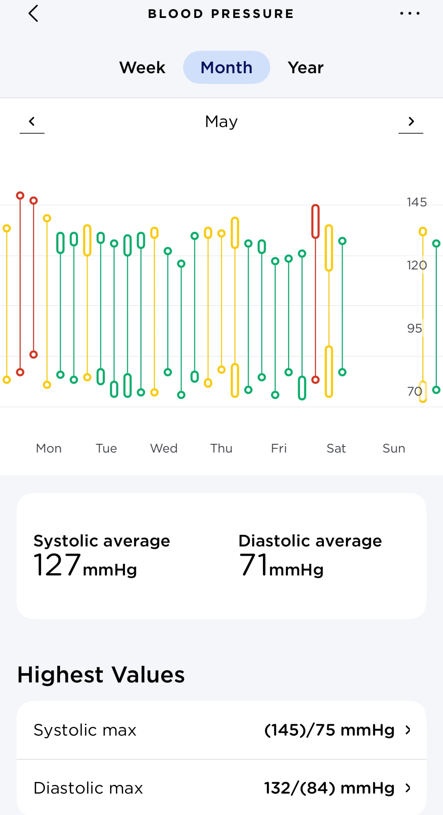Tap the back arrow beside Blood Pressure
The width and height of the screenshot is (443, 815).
[33, 14]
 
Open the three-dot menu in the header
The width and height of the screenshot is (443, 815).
[410, 14]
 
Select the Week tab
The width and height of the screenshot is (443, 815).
[142, 67]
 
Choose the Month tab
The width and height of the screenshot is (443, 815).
[226, 67]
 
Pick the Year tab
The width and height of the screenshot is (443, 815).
[306, 67]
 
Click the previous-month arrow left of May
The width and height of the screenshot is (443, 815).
[32, 122]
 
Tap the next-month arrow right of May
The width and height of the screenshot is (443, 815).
[411, 122]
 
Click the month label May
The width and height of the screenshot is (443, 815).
[221, 122]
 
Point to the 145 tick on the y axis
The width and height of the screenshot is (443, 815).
[416, 202]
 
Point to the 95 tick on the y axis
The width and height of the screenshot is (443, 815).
[414, 328]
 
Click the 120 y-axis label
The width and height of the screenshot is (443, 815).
[416, 265]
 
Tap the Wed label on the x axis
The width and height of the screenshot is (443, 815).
[164, 448]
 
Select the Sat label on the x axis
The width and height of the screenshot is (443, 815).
[336, 448]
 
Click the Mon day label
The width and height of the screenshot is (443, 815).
[49, 448]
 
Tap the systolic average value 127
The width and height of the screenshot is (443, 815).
[57, 565]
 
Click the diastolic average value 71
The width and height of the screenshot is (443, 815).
[254, 565]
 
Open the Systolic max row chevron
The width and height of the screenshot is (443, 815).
[408, 730]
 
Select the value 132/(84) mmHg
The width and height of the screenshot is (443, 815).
[329, 788]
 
